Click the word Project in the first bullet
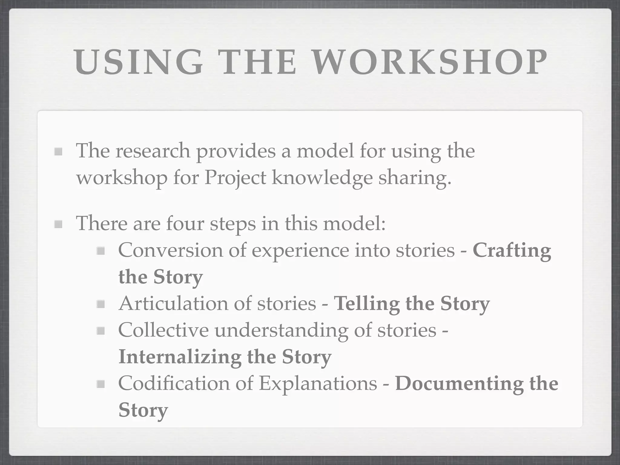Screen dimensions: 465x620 (235, 178)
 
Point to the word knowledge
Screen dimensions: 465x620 (322, 178)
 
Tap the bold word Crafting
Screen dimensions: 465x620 (512, 251)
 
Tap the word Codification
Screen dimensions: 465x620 (174, 383)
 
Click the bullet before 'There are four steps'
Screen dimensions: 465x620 (58, 224)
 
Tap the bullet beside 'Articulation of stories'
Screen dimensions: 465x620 (101, 304)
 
